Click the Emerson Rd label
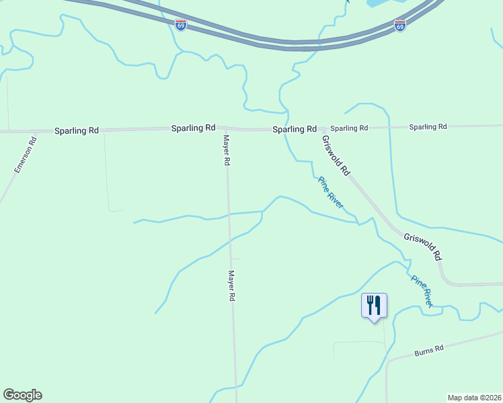[x=25, y=154]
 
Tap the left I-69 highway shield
[x=181, y=25]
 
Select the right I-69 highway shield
[x=399, y=26]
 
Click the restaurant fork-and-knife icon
[x=373, y=306]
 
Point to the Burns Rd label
[x=429, y=351]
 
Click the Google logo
[x=22, y=395]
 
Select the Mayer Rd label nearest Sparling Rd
[x=227, y=150]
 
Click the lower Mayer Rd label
[x=232, y=286]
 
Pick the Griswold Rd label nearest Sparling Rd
[x=336, y=156]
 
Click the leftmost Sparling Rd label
[x=76, y=130]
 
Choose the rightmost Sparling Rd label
[x=428, y=127]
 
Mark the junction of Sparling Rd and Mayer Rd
[x=225, y=128]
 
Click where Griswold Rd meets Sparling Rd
[x=321, y=129]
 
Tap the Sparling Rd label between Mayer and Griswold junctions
[x=295, y=129]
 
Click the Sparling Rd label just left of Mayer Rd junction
[x=193, y=127]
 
